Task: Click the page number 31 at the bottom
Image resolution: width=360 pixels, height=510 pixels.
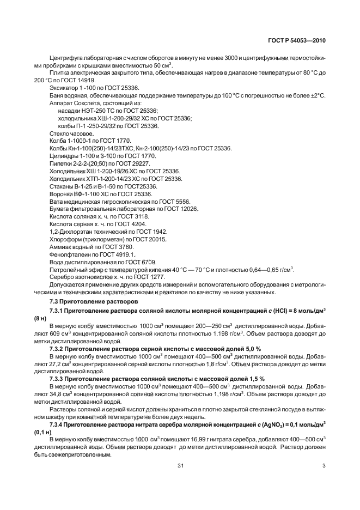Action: click(x=180, y=465)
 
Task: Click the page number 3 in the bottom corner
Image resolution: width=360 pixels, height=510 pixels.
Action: click(x=324, y=465)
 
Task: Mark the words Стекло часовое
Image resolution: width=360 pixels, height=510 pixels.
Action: click(x=71, y=132)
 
